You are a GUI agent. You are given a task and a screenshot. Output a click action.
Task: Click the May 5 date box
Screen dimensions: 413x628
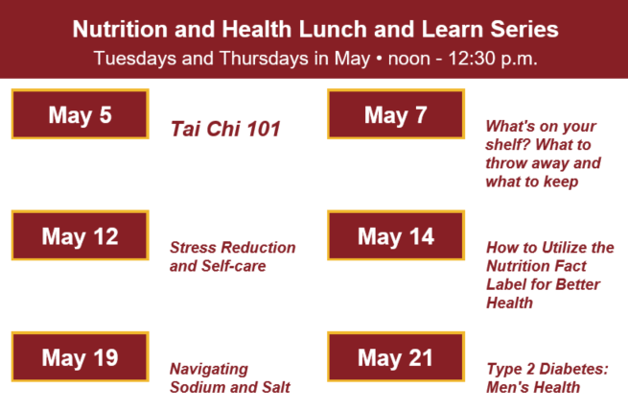pyautogui.click(x=80, y=115)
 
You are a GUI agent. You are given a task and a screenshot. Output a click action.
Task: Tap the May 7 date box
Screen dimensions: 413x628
pyautogui.click(x=395, y=115)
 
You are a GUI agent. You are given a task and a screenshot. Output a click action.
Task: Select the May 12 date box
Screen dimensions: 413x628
pyautogui.click(x=80, y=236)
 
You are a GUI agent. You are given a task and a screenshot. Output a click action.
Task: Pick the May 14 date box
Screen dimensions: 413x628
pyautogui.click(x=395, y=236)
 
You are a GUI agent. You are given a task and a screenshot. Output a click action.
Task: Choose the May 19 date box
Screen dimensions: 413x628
pyautogui.click(x=80, y=358)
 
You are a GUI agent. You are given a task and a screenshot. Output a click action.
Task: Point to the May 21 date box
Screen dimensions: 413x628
pyautogui.click(x=395, y=358)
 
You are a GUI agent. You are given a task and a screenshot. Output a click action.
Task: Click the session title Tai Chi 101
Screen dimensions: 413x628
pyautogui.click(x=225, y=129)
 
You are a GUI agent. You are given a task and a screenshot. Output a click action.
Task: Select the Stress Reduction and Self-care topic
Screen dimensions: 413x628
pyautogui.click(x=232, y=256)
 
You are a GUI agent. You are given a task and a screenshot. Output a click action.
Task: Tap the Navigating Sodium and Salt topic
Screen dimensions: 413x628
pyautogui.click(x=229, y=377)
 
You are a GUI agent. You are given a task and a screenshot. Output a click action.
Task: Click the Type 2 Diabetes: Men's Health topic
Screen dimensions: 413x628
pyautogui.click(x=547, y=377)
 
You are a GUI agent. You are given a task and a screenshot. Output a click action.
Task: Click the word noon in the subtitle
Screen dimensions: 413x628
pyautogui.click(x=409, y=58)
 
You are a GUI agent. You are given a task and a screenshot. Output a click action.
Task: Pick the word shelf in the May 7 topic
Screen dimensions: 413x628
pyautogui.click(x=511, y=144)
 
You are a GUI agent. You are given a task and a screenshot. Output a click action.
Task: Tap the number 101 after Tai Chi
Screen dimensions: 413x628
pyautogui.click(x=262, y=129)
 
